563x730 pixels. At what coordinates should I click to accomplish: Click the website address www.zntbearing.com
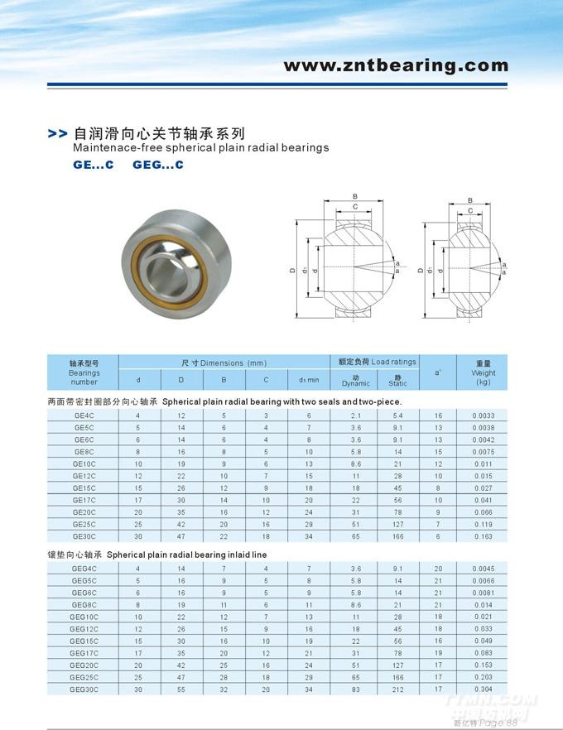tap(396, 65)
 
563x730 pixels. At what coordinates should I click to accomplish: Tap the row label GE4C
tap(84, 415)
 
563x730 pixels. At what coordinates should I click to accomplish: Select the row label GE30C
tap(84, 537)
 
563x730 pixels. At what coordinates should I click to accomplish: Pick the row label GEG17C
tap(84, 653)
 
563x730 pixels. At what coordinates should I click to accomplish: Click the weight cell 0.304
tap(484, 689)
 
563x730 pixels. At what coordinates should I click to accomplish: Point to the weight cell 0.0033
tap(484, 415)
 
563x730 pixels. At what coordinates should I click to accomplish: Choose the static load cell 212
tap(397, 689)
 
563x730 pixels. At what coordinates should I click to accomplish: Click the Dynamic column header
tap(356, 380)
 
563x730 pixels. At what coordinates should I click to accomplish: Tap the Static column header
tap(398, 380)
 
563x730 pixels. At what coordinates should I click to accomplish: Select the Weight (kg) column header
tap(484, 373)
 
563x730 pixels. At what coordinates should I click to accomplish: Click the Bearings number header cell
tap(84, 373)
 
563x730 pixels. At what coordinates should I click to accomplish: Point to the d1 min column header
tap(309, 380)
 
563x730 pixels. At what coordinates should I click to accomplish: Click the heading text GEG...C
tap(158, 165)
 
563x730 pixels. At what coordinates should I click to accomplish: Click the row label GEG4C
tap(84, 568)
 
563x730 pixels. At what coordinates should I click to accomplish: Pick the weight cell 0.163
tap(484, 537)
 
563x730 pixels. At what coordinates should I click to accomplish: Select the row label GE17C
tap(84, 501)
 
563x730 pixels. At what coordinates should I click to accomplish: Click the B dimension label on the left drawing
tap(354, 196)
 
